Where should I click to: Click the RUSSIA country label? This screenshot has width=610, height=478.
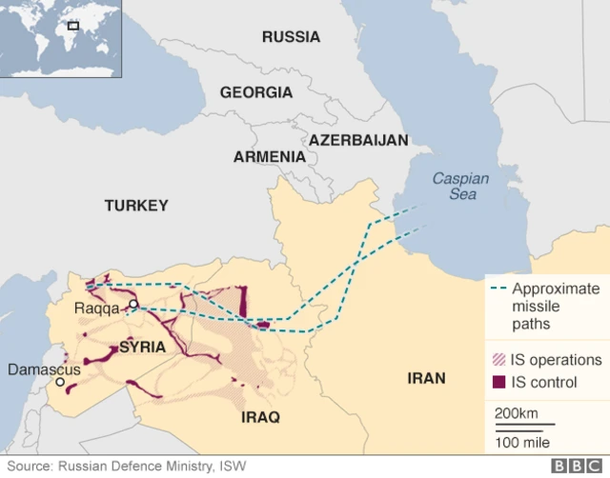click(291, 37)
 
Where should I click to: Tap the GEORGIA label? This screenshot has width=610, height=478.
click(255, 92)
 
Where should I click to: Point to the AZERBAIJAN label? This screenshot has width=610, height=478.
click(357, 139)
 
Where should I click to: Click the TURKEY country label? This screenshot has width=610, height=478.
click(136, 205)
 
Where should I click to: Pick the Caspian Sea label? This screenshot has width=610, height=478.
click(460, 186)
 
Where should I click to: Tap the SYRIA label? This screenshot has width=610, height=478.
click(142, 348)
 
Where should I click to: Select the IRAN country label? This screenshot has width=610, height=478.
click(426, 378)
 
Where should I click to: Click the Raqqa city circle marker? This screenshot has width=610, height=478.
click(134, 305)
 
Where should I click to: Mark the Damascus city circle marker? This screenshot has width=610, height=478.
click(60, 382)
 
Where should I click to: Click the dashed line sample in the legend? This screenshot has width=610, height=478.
click(498, 289)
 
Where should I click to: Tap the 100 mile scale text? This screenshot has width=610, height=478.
click(520, 443)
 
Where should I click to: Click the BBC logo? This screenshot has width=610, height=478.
click(575, 467)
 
